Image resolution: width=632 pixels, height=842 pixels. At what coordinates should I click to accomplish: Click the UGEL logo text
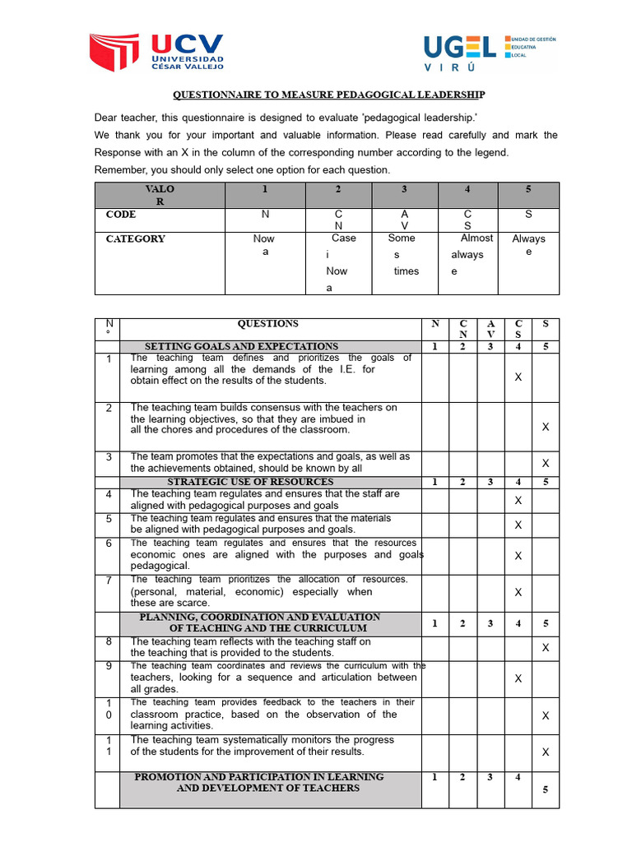click(x=459, y=48)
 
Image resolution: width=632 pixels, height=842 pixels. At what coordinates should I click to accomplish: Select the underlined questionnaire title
click(x=328, y=95)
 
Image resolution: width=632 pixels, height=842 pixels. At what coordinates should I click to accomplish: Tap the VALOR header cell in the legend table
click(x=160, y=195)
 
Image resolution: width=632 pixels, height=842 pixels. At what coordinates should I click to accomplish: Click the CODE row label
click(x=121, y=215)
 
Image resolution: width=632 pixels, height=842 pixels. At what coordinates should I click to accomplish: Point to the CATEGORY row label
click(x=136, y=239)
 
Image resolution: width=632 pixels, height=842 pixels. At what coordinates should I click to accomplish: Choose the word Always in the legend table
click(x=529, y=239)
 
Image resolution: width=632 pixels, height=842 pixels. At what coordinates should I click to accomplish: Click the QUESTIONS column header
click(x=268, y=324)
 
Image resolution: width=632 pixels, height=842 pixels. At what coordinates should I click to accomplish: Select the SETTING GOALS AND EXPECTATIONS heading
click(x=241, y=346)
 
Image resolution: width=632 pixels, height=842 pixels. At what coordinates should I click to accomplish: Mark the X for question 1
click(x=518, y=377)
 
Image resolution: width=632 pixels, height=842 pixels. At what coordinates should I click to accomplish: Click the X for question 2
click(x=546, y=427)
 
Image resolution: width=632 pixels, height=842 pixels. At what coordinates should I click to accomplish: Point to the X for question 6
click(x=518, y=556)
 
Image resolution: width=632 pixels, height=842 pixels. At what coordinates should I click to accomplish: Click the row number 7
click(x=109, y=580)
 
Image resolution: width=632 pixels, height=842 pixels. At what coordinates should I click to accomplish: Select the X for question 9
click(x=518, y=679)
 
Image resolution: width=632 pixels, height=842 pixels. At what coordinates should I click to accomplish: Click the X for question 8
click(x=546, y=648)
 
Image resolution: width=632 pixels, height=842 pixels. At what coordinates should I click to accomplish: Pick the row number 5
click(x=109, y=519)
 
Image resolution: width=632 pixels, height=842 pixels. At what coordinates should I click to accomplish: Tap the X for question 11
click(x=546, y=752)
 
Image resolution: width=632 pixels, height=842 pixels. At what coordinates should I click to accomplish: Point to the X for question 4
click(x=518, y=500)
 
